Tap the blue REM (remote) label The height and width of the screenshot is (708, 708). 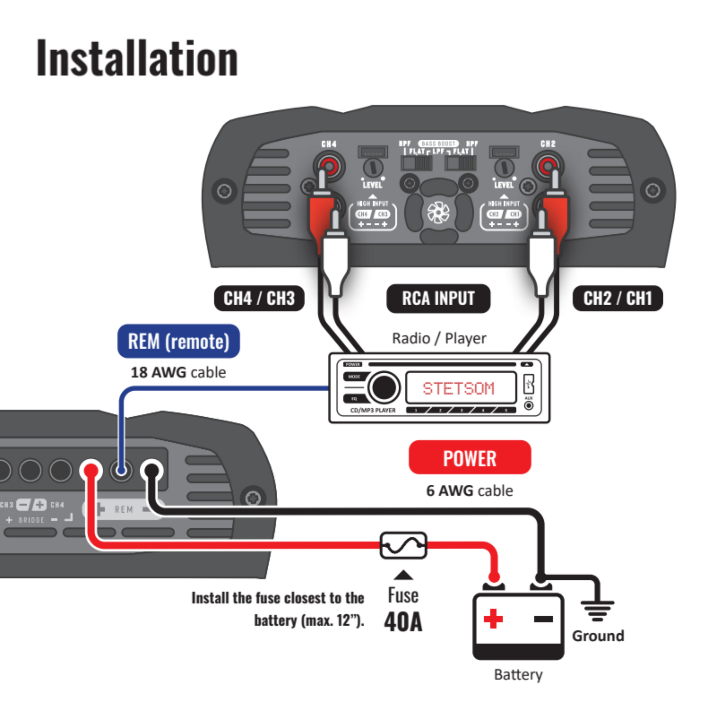pos(178,341)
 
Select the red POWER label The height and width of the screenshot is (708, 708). pos(469,458)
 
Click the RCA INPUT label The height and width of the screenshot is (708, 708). pos(438,298)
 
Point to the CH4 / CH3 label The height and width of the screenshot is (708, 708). pos(259,298)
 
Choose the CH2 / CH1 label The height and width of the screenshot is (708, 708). pos(617,298)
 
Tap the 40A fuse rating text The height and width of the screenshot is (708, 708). pos(403,622)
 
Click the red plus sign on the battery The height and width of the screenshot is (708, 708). pos(493,618)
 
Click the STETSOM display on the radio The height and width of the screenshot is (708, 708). pos(458,388)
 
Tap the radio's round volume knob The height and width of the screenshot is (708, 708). pos(384,387)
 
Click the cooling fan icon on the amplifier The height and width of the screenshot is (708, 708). pos(438,213)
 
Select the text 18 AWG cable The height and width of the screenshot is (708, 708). pos(178,372)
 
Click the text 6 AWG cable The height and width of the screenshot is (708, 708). pos(469,491)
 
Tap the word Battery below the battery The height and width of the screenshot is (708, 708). pos(518,674)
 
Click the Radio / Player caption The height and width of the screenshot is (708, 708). pos(439,338)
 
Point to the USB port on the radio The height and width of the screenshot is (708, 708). pos(529,384)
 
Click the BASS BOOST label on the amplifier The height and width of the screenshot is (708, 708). pos(438,144)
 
